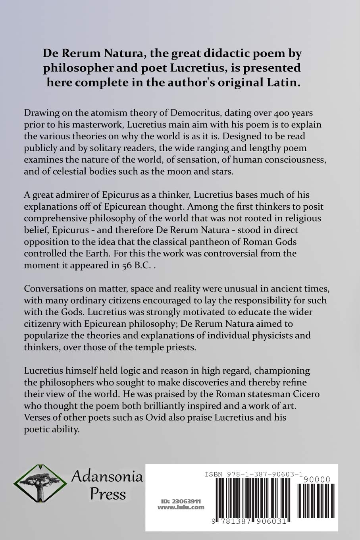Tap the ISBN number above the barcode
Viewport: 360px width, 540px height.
point(254,474)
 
